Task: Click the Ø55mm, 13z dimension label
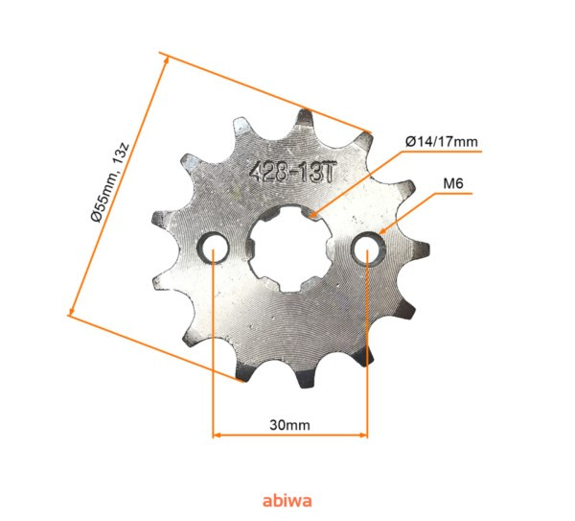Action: pyautogui.click(x=107, y=182)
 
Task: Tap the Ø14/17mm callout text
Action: pyautogui.click(x=442, y=142)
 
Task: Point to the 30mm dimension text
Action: pyautogui.click(x=289, y=423)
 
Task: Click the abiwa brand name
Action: pyautogui.click(x=287, y=500)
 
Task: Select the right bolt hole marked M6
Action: pyautogui.click(x=366, y=250)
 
